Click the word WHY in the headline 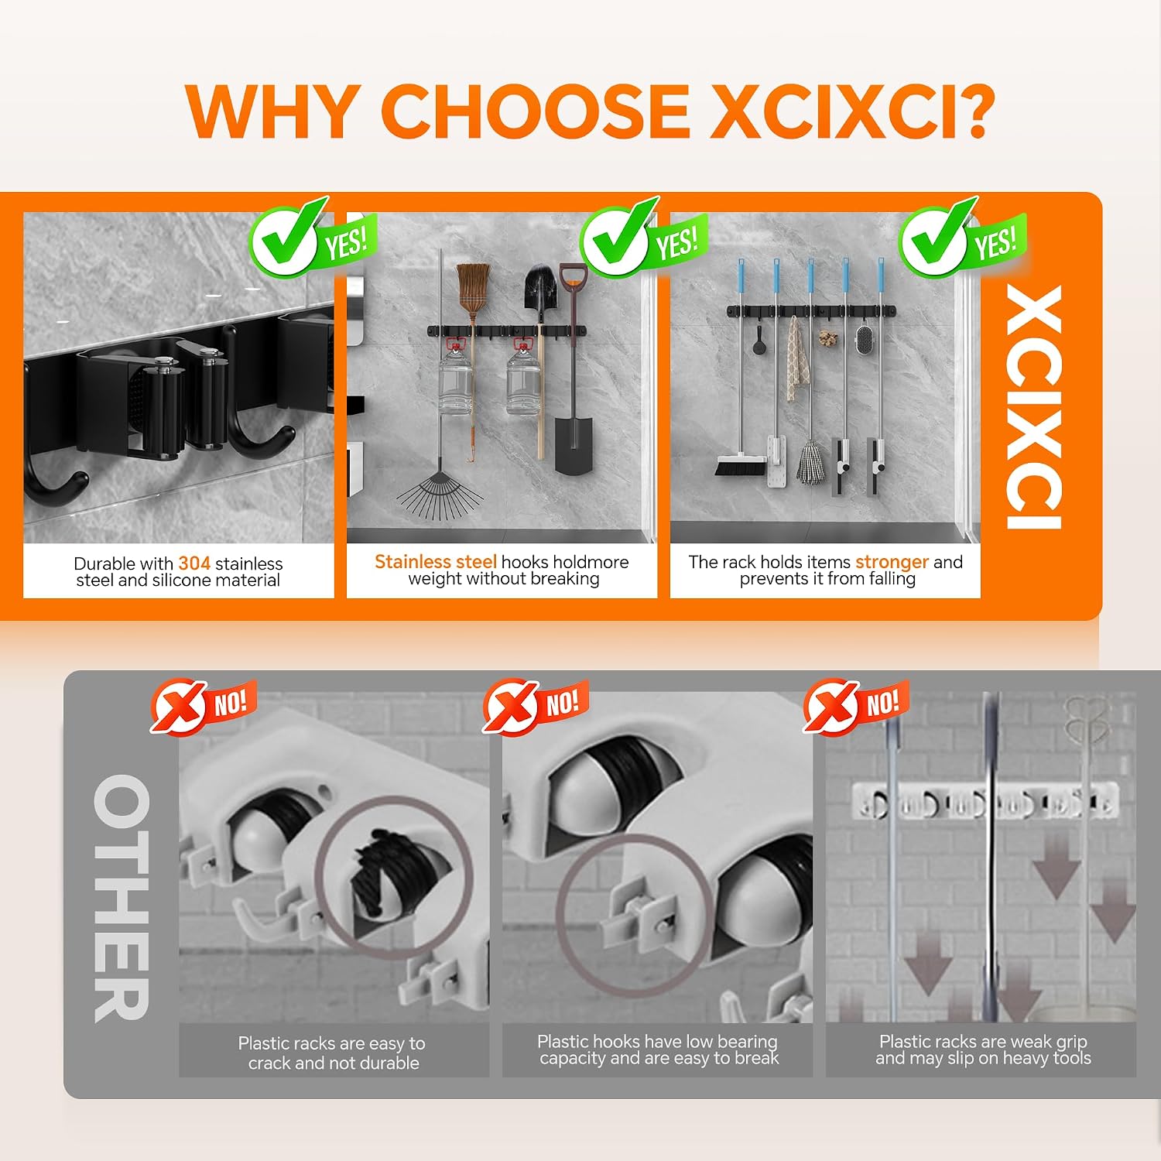point(272,110)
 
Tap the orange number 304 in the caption point(194,563)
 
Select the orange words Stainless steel point(436,562)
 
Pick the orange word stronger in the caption point(892,562)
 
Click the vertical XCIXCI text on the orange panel point(1034,407)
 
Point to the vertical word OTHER point(121,898)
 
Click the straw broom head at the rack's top point(472,287)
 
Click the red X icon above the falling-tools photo point(831,706)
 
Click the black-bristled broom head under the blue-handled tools point(740,466)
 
